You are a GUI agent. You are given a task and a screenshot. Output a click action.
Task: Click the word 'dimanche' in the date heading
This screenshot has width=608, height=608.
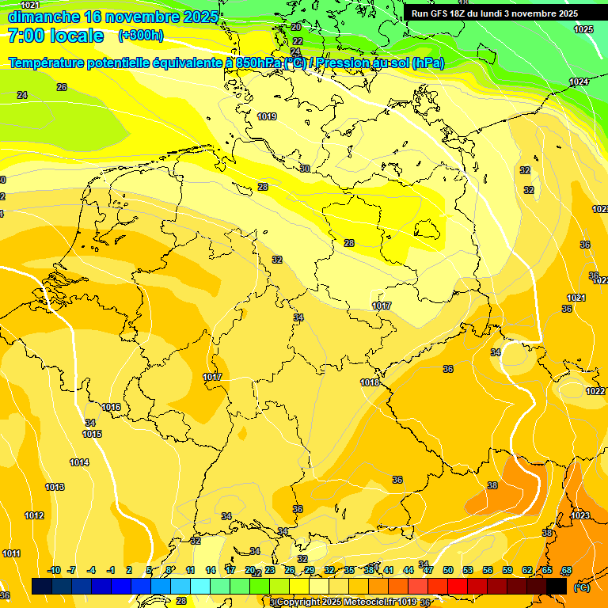tap(44, 17)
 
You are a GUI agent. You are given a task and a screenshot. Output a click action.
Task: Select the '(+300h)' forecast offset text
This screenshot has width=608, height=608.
tap(140, 36)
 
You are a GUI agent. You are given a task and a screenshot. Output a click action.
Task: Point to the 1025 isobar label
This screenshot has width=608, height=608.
tap(583, 29)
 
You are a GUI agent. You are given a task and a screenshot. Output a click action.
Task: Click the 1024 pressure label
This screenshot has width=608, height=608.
tap(579, 82)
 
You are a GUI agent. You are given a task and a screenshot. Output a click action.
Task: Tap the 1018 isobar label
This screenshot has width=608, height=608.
tap(370, 382)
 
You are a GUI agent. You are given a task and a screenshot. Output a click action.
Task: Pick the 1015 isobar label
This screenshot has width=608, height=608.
tap(92, 434)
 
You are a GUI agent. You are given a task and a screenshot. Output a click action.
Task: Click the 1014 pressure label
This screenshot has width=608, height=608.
tap(79, 462)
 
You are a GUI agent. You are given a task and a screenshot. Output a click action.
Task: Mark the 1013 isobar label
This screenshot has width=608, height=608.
tap(55, 487)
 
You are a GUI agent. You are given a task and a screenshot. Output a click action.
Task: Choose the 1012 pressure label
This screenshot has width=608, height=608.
tap(34, 515)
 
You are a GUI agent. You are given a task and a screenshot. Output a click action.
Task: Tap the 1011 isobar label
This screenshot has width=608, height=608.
tap(11, 553)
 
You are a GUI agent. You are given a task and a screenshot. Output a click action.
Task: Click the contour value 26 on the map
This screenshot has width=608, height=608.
tap(62, 87)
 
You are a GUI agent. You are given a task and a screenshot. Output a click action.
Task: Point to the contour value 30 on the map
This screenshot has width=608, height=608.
tap(305, 168)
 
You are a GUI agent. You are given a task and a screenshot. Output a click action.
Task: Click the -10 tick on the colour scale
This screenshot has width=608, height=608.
tap(55, 570)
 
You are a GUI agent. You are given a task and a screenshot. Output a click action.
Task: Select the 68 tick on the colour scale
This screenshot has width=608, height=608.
tap(567, 570)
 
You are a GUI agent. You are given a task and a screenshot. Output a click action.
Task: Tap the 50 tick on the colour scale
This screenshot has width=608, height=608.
tap(448, 570)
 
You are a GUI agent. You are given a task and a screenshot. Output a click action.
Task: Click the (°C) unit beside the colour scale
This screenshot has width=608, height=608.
tap(582, 587)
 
